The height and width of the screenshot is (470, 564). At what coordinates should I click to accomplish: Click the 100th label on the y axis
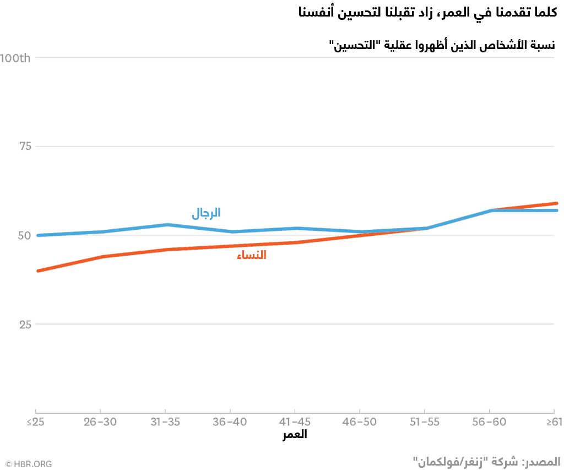tap(15, 58)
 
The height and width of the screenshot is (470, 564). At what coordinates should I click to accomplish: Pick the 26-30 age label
tap(100, 422)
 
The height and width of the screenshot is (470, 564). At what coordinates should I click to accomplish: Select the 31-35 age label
tap(165, 422)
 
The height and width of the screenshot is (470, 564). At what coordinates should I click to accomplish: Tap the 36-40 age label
tap(230, 422)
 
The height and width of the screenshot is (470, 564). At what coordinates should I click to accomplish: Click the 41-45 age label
tap(295, 422)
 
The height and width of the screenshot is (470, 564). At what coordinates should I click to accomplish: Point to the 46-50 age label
tap(360, 422)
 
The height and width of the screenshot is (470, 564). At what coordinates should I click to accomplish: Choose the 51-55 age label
tap(424, 422)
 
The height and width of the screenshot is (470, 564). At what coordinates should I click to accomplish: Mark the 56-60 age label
tap(489, 422)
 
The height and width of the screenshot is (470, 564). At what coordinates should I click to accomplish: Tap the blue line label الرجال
tap(206, 213)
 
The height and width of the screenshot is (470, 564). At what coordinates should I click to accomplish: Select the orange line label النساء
tap(251, 255)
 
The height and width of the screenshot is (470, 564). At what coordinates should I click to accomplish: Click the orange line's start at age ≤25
tap(36, 271)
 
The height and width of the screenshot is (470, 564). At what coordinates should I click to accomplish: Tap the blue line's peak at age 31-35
tap(166, 225)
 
